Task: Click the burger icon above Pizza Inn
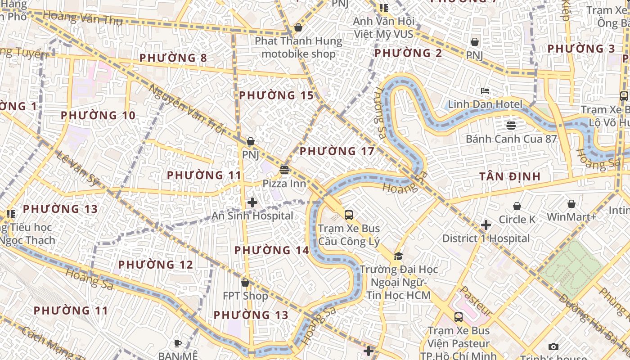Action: point(284,170)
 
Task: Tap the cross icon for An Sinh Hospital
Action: point(252,202)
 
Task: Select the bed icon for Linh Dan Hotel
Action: point(485,91)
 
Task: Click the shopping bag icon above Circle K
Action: point(517,206)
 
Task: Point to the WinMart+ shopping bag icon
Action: point(571,204)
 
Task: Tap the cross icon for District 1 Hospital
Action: point(486,225)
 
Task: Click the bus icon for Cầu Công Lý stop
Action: point(349,215)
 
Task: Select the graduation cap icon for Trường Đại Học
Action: point(398,256)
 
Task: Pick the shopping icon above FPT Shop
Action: point(245,283)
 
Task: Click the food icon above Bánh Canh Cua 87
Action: point(511,125)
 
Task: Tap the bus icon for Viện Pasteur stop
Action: point(458,317)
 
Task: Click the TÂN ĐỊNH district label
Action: point(509,176)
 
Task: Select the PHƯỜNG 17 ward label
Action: point(337,151)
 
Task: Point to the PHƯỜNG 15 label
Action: point(276,95)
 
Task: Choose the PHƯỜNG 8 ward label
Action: point(173,58)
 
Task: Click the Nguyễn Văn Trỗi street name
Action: point(186,108)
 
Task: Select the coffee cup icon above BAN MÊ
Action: point(178,343)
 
